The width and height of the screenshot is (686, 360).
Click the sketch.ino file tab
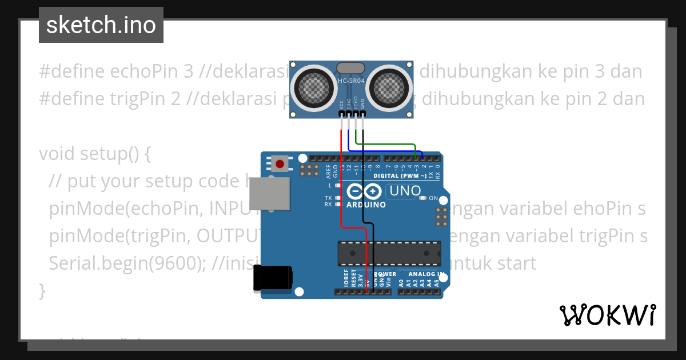[x=101, y=25]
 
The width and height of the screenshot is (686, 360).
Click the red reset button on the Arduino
[x=280, y=164]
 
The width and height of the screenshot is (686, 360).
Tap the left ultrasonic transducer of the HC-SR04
[x=312, y=88]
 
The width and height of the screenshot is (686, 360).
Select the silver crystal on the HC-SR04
[x=350, y=68]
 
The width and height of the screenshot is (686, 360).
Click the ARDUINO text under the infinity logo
[x=366, y=205]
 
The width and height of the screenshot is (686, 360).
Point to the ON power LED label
[x=433, y=198]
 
